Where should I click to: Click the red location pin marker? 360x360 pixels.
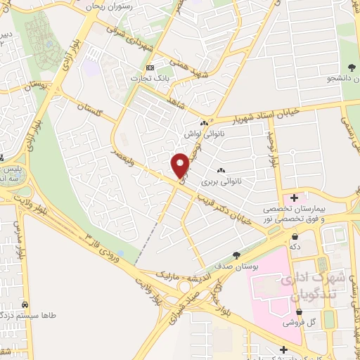pyautogui.click(x=181, y=165)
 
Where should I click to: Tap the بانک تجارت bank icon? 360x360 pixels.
pyautogui.click(x=148, y=67)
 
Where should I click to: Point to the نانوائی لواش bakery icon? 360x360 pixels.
pyautogui.click(x=205, y=122)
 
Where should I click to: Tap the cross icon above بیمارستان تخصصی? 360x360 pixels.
pyautogui.click(x=294, y=198)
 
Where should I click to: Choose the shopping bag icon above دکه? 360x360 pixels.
pyautogui.click(x=294, y=237)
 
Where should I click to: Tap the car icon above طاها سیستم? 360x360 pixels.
pyautogui.click(x=25, y=306)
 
